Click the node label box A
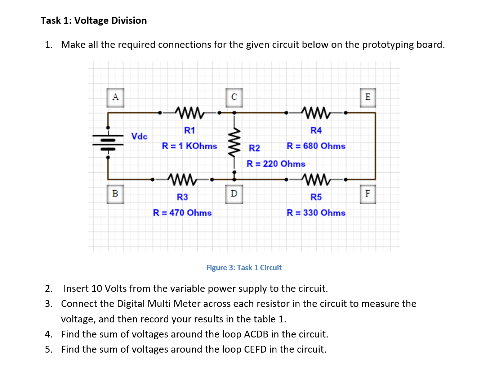click(x=115, y=98)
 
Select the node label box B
click(x=115, y=194)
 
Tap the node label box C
click(x=234, y=98)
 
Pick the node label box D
click(x=234, y=194)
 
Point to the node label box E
click(x=368, y=98)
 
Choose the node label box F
click(x=368, y=194)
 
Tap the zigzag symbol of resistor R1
click(x=190, y=113)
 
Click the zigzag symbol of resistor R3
click(x=182, y=179)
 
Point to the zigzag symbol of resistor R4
click(x=316, y=113)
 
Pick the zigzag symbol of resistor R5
click(x=316, y=179)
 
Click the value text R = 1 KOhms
click(x=190, y=146)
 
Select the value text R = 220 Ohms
click(x=276, y=164)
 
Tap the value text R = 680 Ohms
click(x=316, y=146)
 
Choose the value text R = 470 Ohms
click(x=182, y=213)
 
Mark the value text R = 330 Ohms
click(x=316, y=213)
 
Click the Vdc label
click(x=139, y=136)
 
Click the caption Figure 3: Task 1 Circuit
click(x=244, y=268)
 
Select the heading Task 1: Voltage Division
click(x=94, y=21)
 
